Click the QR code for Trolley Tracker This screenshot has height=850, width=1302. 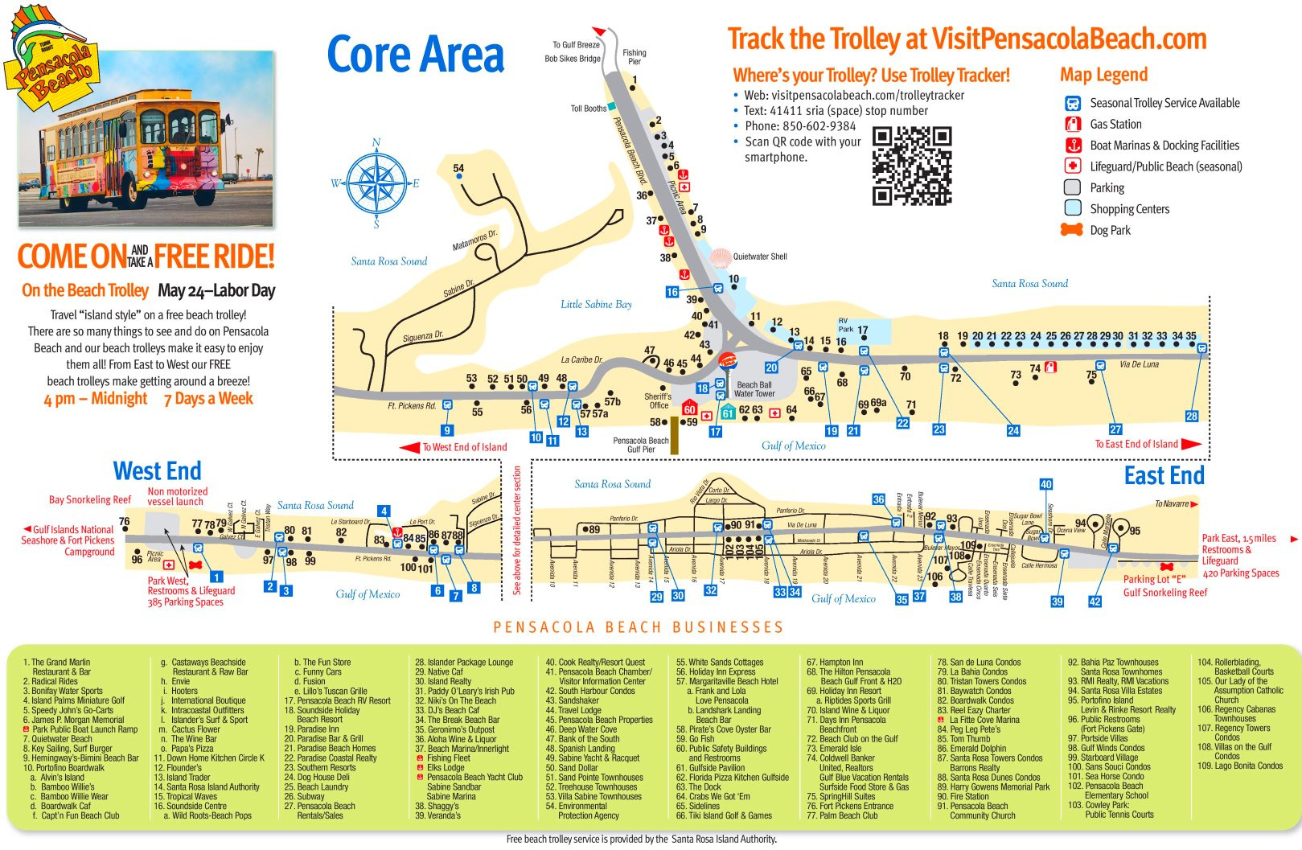(x=912, y=166)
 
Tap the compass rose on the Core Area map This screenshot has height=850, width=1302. (x=376, y=184)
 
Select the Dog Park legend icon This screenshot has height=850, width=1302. (x=1072, y=230)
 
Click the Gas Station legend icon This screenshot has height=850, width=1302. (x=1073, y=124)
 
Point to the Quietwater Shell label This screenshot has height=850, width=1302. (x=760, y=257)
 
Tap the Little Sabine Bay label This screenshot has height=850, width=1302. (x=596, y=304)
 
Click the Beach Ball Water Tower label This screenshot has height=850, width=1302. (x=754, y=389)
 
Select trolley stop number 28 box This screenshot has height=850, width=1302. (x=1192, y=417)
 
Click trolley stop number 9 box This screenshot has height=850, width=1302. (x=447, y=430)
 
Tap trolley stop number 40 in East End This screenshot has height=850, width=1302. (x=1045, y=484)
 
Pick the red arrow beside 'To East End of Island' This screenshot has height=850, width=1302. (x=1192, y=444)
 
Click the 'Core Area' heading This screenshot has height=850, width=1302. (x=415, y=55)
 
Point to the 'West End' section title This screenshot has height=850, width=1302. (x=158, y=471)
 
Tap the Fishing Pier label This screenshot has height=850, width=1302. (x=635, y=57)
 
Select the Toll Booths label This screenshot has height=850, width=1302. (x=589, y=109)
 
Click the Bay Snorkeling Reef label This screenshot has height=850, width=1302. (x=90, y=499)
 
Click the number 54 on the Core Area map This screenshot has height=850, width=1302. (x=458, y=169)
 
